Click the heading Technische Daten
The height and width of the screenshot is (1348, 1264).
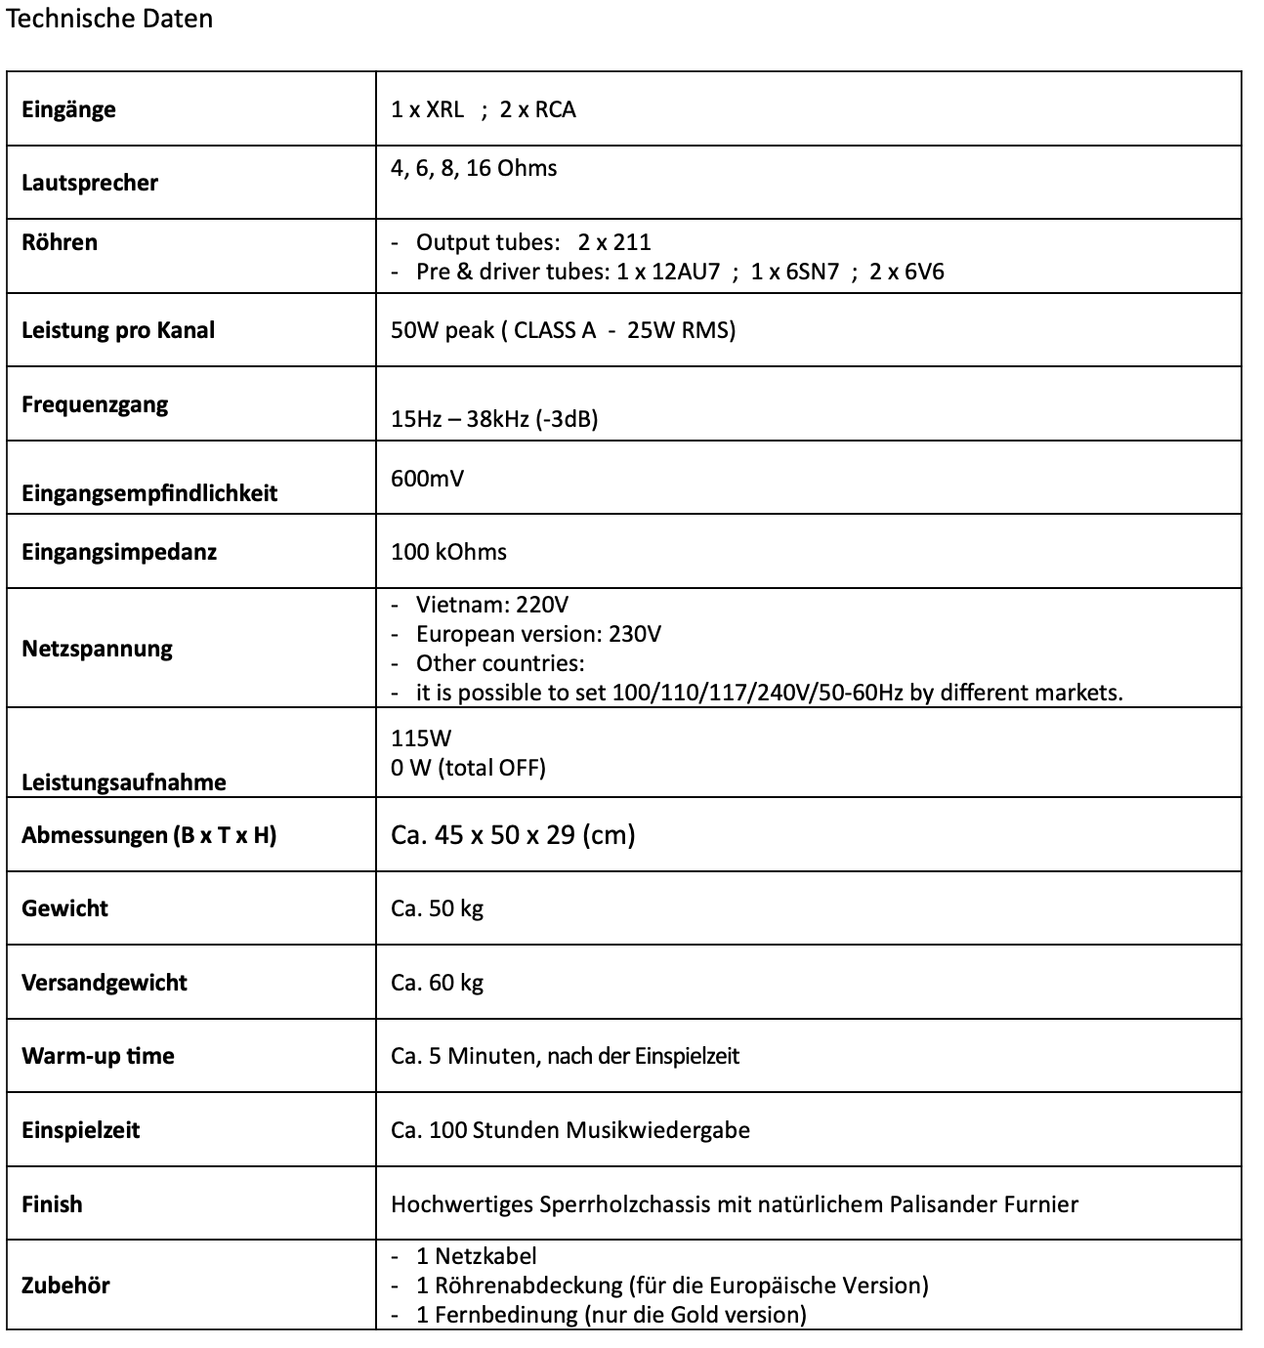[x=109, y=20]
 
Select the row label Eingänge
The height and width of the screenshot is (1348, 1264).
[x=68, y=109]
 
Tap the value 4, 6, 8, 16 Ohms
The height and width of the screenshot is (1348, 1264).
[x=474, y=168]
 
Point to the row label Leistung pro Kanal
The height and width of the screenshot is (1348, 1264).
[x=118, y=330]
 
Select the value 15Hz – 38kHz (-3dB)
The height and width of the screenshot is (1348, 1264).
[x=494, y=419]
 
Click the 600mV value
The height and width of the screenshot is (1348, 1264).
[x=427, y=479]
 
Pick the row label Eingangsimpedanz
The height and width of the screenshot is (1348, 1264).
[x=119, y=552]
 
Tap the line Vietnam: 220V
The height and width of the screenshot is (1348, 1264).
[x=491, y=605]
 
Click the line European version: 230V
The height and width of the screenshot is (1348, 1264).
[x=538, y=634]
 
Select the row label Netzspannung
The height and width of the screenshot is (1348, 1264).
[x=97, y=649]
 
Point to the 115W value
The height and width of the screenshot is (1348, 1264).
[x=421, y=738]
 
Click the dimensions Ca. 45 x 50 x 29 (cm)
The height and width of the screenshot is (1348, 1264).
[x=513, y=835]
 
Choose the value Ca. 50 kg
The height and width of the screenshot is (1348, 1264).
[x=437, y=908]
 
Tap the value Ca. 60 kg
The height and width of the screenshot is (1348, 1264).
[x=437, y=983]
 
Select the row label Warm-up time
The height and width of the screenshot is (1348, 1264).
[x=98, y=1056]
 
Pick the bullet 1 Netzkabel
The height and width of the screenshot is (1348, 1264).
[x=476, y=1256]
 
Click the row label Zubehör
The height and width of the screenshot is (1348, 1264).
[x=65, y=1285]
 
